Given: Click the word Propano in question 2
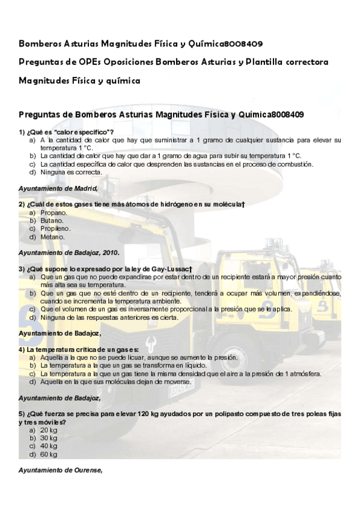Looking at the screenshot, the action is (53, 213).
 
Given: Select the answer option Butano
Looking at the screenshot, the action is (52, 221).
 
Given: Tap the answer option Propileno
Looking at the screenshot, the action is (55, 229).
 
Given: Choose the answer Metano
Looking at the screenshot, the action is (52, 236).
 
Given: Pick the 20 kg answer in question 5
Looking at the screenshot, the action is (49, 431).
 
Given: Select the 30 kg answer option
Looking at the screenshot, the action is (49, 438).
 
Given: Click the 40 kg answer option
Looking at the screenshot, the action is (49, 446).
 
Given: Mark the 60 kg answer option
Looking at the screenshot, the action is (49, 454).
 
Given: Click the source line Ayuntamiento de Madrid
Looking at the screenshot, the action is (58, 188).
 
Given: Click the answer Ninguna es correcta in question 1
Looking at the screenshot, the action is (71, 172).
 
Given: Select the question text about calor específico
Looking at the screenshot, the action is (66, 132).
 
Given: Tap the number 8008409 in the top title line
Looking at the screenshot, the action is (242, 44).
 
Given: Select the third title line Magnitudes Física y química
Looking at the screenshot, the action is (79, 80).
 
